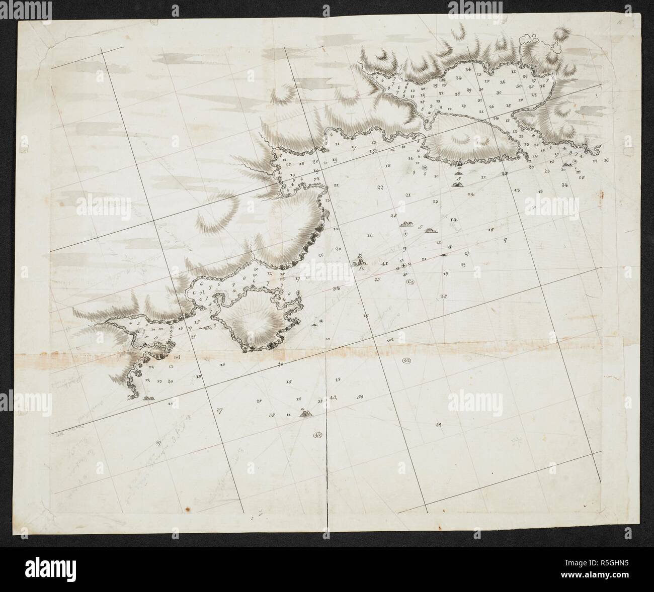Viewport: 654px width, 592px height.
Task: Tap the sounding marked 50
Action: click(x=360, y=397)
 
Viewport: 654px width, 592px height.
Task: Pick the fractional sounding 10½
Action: click(x=177, y=358)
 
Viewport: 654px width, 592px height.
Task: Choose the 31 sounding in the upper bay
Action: click(x=479, y=101)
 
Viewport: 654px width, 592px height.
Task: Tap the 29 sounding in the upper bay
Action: click(x=468, y=90)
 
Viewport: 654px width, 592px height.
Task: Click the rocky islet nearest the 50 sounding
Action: click(x=305, y=413)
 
